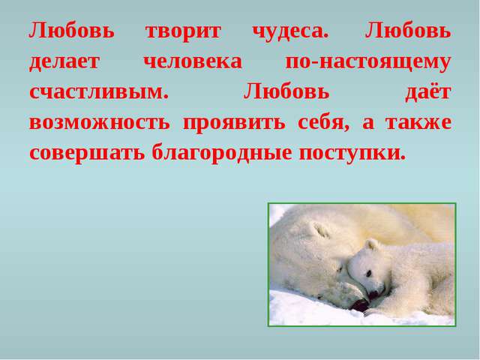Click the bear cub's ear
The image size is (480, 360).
coord(370,244)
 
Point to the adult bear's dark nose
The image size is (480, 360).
coord(360,304)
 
